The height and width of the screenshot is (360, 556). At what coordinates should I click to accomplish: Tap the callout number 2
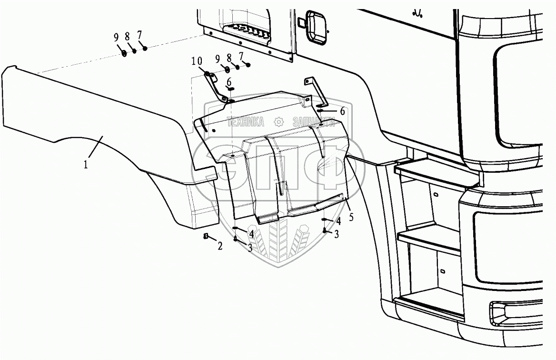point(220,246)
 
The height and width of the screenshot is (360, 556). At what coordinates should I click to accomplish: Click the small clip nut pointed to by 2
point(207,236)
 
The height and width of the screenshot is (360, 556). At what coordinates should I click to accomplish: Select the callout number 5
point(351,217)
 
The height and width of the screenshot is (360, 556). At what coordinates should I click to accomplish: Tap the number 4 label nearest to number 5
point(338,221)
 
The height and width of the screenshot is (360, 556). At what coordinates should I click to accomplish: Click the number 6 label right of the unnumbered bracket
point(342,110)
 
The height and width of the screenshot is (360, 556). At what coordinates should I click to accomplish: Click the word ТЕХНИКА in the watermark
point(246,122)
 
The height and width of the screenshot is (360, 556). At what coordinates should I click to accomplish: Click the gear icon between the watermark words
point(278,122)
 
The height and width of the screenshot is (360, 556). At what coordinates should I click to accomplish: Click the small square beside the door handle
point(300,22)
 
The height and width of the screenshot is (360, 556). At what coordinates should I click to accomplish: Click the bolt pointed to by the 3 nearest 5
point(324,231)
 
